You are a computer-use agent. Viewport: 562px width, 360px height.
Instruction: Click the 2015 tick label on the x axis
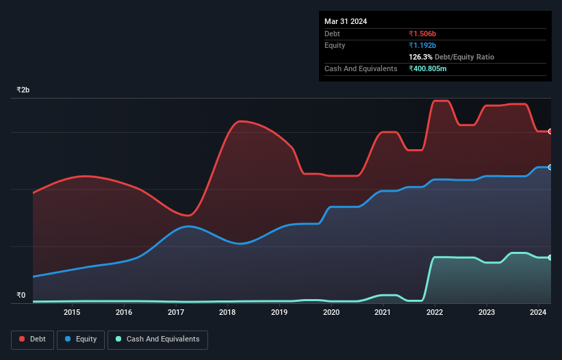coord(72,313)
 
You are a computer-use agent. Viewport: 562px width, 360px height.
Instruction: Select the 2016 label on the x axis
coord(124,313)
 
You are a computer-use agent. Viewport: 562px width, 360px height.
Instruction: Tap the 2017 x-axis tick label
coord(176,313)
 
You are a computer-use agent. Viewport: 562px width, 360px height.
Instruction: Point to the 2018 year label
coord(227,313)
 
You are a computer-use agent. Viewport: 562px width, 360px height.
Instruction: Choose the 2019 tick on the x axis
coord(279,313)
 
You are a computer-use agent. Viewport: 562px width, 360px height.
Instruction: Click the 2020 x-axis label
coord(331,313)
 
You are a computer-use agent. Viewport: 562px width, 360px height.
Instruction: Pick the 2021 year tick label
coord(383,313)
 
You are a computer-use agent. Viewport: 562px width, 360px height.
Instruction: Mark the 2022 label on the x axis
coord(435,313)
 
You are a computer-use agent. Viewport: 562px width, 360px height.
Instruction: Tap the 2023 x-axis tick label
coord(487,313)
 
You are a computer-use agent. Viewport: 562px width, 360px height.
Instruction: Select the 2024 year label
coord(538,313)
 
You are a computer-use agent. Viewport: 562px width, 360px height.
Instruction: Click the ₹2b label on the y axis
coord(23,90)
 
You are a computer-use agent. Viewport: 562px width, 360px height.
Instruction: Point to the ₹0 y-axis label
coord(21,296)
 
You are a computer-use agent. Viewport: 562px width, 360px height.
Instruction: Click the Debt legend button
coord(31,339)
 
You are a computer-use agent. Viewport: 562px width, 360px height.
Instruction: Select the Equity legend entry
coord(81,339)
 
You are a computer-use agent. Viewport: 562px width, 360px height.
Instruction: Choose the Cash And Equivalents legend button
coord(157,339)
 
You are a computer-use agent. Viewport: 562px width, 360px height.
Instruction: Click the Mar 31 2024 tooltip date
coord(346,21)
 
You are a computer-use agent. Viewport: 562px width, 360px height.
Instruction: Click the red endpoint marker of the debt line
coord(550,131)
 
